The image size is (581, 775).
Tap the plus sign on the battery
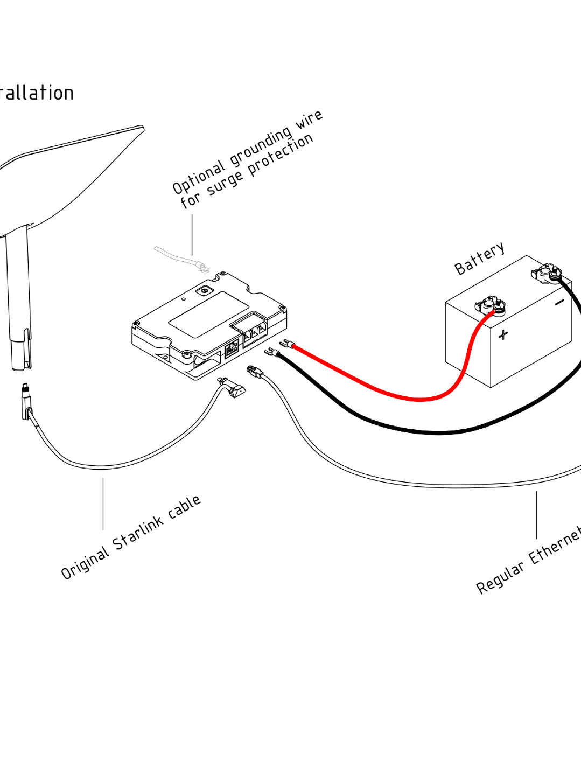click(x=503, y=334)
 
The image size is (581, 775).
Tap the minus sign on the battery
click(x=560, y=302)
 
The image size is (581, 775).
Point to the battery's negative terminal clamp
click(x=548, y=273)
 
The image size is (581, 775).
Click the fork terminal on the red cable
click(x=285, y=343)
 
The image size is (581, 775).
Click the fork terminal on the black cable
click(x=271, y=352)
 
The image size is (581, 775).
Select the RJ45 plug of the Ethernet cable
click(x=253, y=371)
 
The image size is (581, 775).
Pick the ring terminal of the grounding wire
click(x=202, y=266)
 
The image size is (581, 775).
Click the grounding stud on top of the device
click(x=205, y=291)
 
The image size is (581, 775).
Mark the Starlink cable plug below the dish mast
click(x=26, y=401)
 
